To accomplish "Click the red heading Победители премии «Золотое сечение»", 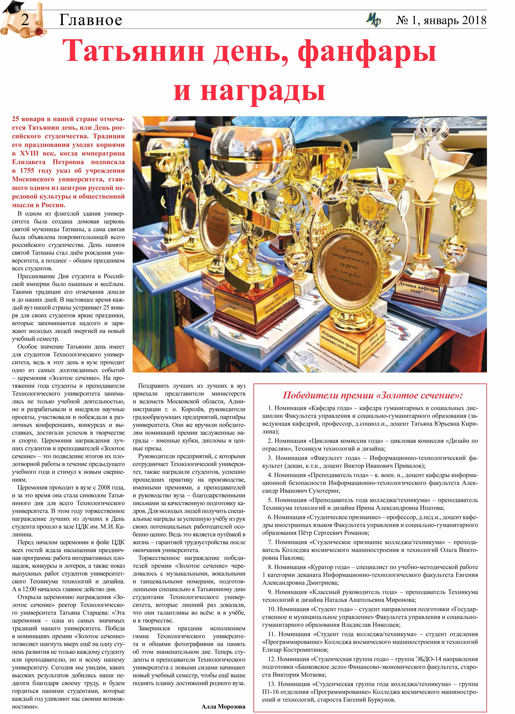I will (372, 395).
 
